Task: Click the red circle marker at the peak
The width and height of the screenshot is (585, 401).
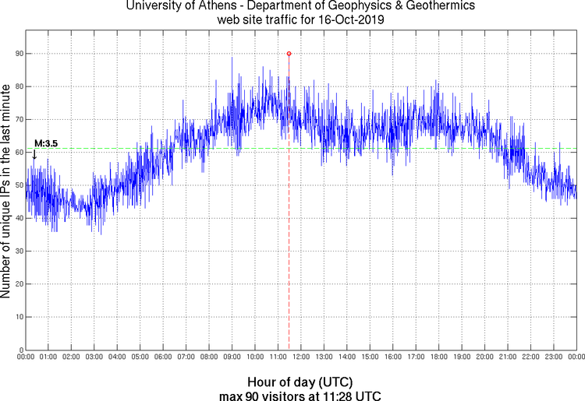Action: (x=289, y=54)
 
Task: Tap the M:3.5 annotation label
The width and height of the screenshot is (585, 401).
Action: (x=46, y=143)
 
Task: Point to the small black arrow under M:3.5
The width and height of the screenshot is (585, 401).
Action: (x=34, y=154)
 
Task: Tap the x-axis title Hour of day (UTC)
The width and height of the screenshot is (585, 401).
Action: (x=300, y=382)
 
